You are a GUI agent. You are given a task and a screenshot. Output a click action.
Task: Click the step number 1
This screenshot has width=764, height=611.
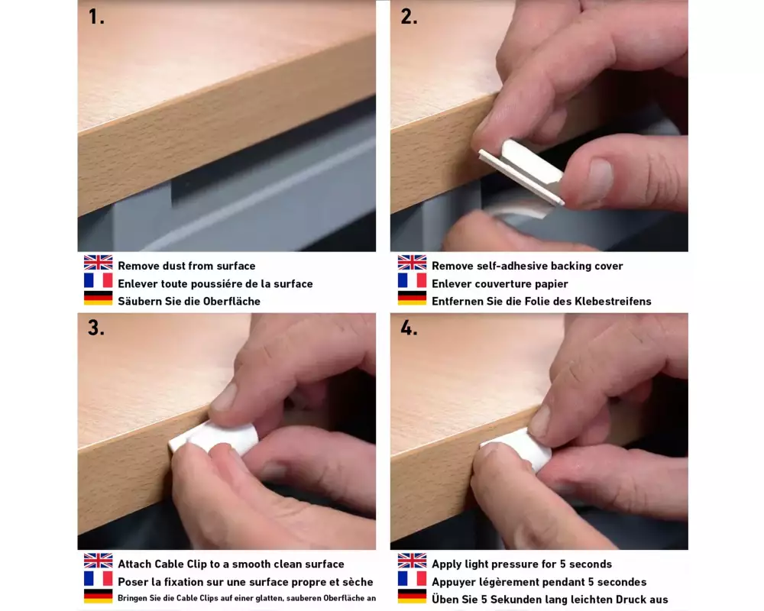tap(96, 17)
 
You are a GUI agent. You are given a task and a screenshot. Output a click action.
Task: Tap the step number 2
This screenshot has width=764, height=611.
tap(409, 17)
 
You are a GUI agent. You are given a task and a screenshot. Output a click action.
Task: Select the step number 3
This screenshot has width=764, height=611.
tap(96, 328)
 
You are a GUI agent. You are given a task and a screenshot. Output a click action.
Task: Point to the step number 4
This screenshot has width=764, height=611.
tap(409, 328)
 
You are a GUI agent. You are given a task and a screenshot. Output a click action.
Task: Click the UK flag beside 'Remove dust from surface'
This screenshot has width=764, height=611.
tap(98, 263)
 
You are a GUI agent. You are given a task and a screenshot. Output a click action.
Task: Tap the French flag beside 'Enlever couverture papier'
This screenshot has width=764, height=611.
tap(412, 280)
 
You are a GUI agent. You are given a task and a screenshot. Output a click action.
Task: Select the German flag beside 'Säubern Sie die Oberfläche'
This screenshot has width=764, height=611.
tap(98, 298)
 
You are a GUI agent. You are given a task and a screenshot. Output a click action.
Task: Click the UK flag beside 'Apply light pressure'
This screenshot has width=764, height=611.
tap(412, 561)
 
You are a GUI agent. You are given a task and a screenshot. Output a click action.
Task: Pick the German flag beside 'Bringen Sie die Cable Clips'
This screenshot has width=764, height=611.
tap(98, 596)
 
